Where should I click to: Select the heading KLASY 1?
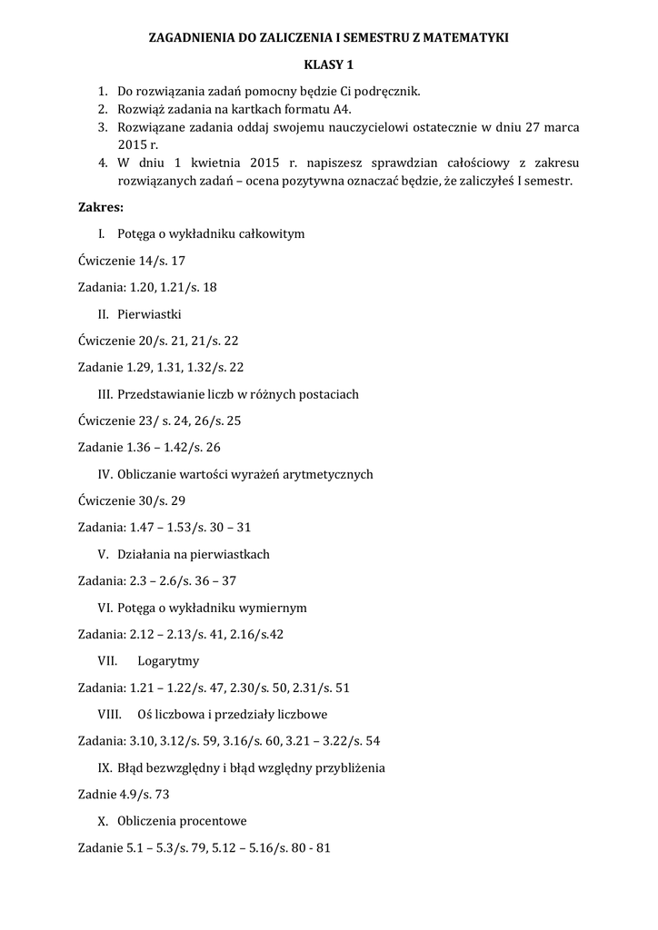coord(329,65)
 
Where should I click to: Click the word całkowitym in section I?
coord(265,234)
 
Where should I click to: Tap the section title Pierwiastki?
coord(150,314)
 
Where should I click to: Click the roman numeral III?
coord(104,394)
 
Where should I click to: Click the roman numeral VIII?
coord(110,714)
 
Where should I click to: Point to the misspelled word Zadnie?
coord(97,794)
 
